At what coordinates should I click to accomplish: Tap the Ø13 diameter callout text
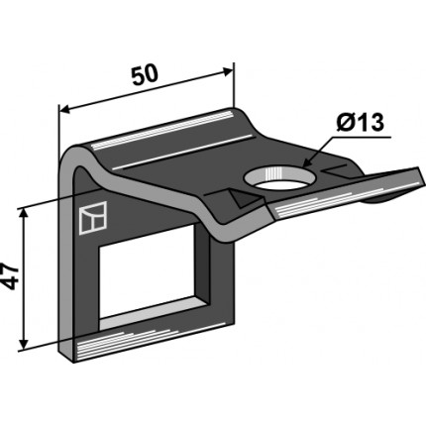click(x=360, y=123)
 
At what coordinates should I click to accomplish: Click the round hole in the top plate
click(x=279, y=178)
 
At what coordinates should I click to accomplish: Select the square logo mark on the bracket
click(x=93, y=218)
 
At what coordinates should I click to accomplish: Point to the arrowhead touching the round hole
click(x=307, y=162)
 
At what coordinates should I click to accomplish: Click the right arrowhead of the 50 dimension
click(x=228, y=71)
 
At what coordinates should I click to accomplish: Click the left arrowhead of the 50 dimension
click(x=64, y=110)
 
